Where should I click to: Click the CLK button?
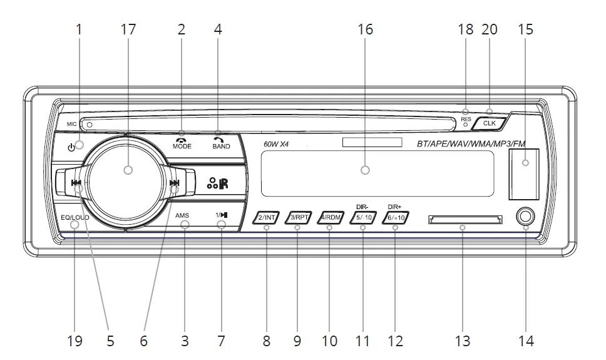(489, 123)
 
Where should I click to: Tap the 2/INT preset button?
(267, 217)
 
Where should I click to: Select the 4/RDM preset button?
(332, 217)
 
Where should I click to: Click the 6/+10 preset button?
(396, 217)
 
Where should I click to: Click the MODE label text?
(182, 146)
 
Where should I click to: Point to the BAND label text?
(221, 146)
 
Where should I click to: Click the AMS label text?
(182, 216)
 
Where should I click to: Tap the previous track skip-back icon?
(76, 183)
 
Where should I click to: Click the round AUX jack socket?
(526, 217)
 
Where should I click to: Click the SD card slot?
(464, 219)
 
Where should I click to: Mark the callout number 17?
(128, 29)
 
